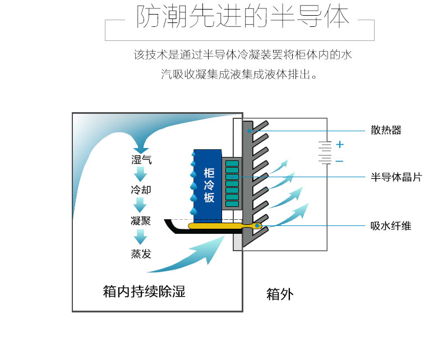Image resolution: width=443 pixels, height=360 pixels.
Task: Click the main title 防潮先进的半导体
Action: click(243, 17)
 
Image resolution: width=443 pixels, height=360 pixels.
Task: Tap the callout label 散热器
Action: click(386, 130)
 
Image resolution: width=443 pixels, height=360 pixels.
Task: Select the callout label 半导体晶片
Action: click(396, 177)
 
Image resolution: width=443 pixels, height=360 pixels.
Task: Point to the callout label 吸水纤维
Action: click(391, 226)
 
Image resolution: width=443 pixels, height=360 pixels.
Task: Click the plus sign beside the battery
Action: click(340, 145)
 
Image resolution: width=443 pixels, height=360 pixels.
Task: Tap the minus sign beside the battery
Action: click(340, 161)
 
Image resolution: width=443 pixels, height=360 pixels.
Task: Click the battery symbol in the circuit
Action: click(325, 153)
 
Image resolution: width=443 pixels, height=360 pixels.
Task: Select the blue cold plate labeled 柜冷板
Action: click(207, 186)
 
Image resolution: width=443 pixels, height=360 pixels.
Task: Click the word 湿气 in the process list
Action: click(141, 160)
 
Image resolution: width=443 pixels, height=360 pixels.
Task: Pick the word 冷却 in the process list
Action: click(141, 190)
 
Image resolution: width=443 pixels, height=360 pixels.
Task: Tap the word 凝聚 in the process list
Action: click(141, 221)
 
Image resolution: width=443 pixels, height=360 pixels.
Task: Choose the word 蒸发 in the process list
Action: click(141, 254)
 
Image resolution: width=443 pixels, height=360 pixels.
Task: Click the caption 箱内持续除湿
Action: click(144, 292)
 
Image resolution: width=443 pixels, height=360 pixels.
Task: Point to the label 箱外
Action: click(280, 294)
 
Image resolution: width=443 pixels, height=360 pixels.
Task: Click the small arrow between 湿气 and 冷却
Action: click(140, 174)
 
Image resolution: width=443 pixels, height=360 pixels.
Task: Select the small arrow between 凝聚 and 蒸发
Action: click(140, 237)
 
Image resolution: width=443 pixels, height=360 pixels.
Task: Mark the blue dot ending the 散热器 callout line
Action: click(249, 131)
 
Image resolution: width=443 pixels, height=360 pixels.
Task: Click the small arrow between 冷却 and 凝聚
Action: click(140, 205)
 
